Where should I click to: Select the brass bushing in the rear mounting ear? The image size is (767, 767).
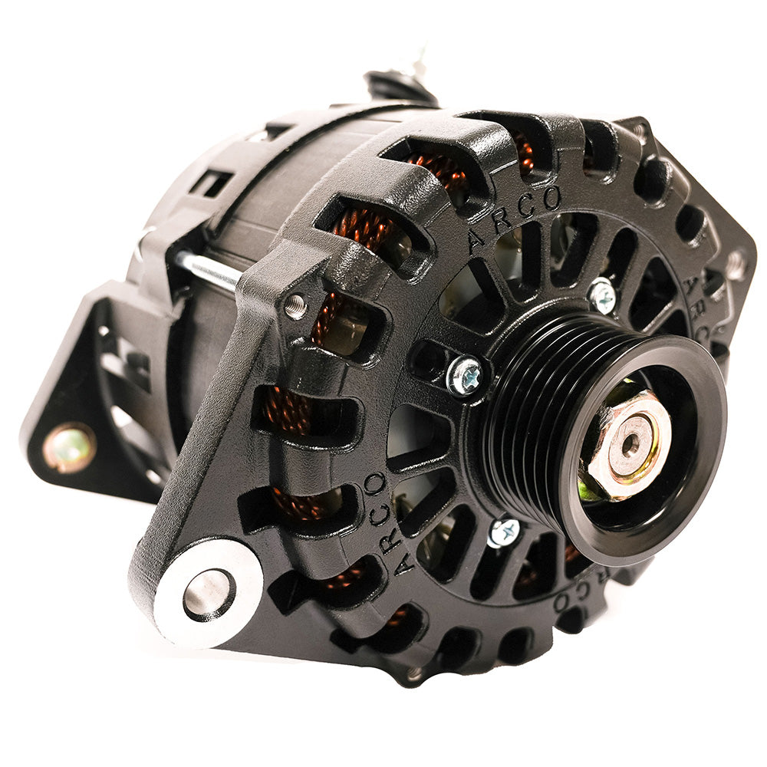pos(69,446)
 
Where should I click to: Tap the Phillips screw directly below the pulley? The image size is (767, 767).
pos(504,532)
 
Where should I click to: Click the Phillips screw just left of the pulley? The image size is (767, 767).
pos(466,376)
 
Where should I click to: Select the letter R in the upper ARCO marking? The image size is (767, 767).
pos(501,222)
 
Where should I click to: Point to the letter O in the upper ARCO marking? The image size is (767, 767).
pos(551,198)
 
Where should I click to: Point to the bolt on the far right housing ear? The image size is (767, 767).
pos(736,265)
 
